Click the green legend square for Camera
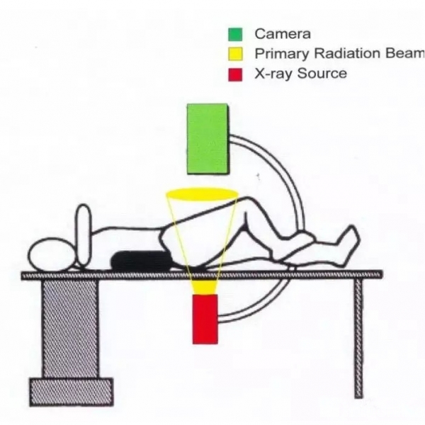(x=234, y=33)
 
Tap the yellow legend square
(x=234, y=53)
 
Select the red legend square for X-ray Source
(x=234, y=73)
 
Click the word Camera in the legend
(x=283, y=33)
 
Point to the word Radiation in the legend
(x=337, y=53)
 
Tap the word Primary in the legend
(x=278, y=53)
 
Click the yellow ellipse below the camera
(x=200, y=193)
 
